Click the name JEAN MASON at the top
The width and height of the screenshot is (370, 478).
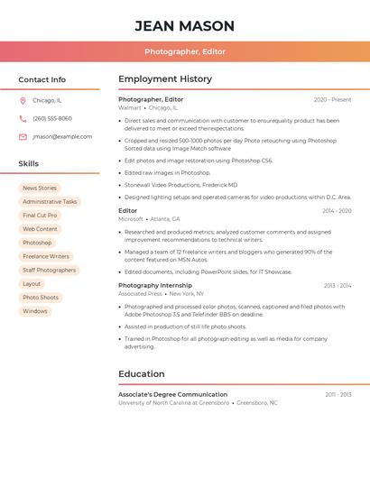[x=185, y=25]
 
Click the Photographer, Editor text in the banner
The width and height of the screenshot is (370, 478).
[x=185, y=51]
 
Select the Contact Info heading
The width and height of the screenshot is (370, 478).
[x=42, y=79]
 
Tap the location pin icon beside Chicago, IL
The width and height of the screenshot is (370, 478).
[x=23, y=101]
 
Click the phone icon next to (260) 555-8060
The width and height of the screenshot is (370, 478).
[x=23, y=119]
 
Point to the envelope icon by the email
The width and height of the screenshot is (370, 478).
[x=23, y=137]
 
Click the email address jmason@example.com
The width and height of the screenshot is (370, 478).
[x=62, y=137]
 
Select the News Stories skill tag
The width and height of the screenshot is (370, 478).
[x=40, y=188]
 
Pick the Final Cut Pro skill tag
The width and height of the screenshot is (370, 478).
[x=40, y=216]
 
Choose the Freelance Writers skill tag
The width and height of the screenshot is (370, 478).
[x=46, y=257]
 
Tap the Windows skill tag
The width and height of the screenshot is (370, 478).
[x=35, y=311]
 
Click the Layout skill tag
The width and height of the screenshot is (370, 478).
[x=32, y=284]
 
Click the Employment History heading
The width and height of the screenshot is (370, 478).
[x=165, y=79]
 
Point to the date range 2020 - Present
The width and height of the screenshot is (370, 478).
[x=333, y=100]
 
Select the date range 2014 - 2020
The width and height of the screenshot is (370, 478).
[x=337, y=211]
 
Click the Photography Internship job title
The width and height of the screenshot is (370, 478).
[x=155, y=286]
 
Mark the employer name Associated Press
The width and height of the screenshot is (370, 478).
[x=140, y=294]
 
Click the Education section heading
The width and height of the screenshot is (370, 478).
[x=142, y=374]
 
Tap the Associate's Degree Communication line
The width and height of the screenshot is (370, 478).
[x=172, y=395]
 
